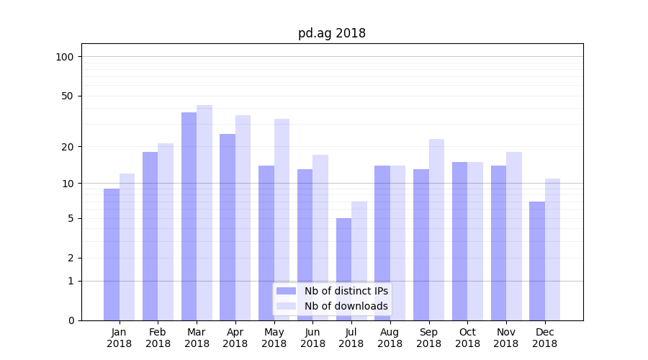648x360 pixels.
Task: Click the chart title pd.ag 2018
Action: click(332, 33)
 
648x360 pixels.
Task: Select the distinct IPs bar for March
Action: click(189, 216)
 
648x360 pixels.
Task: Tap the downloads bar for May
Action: click(282, 220)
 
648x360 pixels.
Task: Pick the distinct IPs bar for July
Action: click(343, 269)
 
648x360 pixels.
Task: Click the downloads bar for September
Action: click(436, 230)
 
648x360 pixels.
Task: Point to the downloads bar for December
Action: click(552, 249)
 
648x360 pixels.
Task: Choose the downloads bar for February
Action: click(166, 232)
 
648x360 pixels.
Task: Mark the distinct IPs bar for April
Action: click(228, 227)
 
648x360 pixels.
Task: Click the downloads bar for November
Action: click(514, 236)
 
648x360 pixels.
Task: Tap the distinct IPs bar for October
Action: click(459, 241)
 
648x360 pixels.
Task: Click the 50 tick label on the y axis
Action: click(68, 96)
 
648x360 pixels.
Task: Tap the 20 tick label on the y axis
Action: click(68, 147)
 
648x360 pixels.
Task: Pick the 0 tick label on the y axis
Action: click(71, 320)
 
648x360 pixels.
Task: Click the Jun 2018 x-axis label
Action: click(312, 338)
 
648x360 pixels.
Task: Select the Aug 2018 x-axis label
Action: click(390, 338)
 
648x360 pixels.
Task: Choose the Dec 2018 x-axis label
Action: click(544, 338)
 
